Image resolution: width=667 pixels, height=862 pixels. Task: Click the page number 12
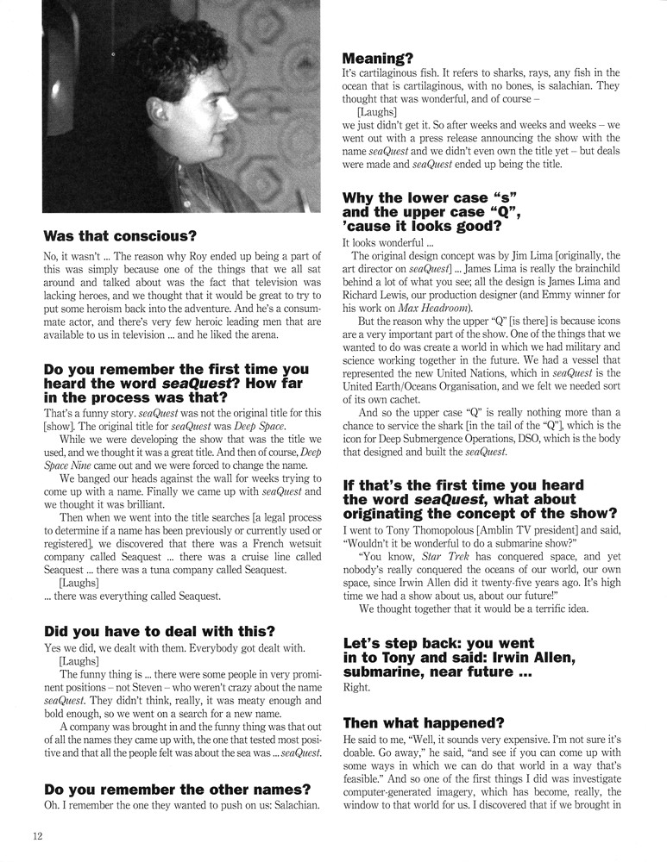38,835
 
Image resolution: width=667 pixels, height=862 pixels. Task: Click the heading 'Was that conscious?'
120,234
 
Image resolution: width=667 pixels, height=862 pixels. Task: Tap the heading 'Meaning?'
378,59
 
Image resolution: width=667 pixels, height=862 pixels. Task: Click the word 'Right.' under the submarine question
357,687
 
